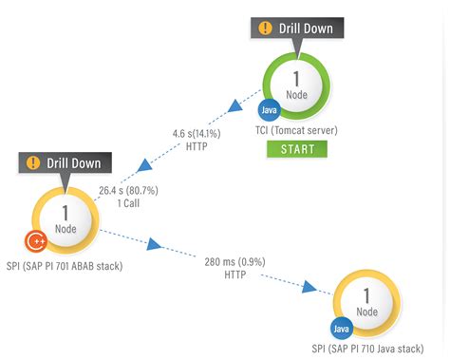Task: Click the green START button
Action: click(296, 149)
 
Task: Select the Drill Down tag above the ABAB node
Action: click(65, 162)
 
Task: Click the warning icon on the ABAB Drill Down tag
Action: click(33, 162)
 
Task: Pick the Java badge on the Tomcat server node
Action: click(269, 111)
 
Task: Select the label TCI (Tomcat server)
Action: click(296, 130)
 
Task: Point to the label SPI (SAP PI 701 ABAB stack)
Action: click(65, 266)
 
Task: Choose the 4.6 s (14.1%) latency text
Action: click(192, 134)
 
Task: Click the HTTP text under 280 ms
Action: click(235, 274)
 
